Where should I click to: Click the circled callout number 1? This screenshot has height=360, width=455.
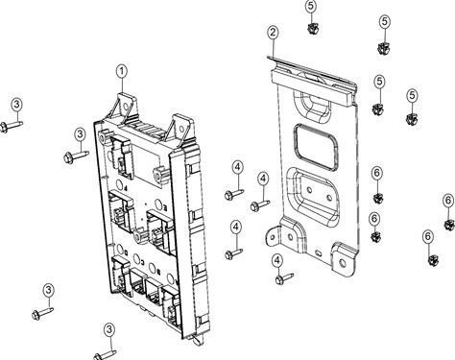(x=122, y=72)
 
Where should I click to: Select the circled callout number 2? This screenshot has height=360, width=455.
(x=273, y=33)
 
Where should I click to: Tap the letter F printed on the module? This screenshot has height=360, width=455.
(x=127, y=189)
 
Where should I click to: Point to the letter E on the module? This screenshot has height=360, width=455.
(x=165, y=208)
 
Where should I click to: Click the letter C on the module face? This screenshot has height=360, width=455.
(x=142, y=262)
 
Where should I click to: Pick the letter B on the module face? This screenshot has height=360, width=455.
(x=158, y=272)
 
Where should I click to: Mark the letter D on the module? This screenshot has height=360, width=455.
(x=127, y=252)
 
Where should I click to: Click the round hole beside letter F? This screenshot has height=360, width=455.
(x=120, y=185)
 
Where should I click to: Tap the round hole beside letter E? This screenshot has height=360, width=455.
(x=158, y=204)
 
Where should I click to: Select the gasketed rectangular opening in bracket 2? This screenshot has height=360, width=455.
(x=315, y=146)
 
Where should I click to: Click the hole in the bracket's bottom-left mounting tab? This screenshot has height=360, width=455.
(x=273, y=238)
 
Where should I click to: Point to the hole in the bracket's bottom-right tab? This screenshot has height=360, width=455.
(x=343, y=263)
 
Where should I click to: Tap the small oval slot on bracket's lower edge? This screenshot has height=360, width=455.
(x=318, y=253)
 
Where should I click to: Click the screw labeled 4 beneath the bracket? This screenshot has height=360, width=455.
(x=284, y=278)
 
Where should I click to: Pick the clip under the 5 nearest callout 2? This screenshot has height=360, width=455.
(x=312, y=29)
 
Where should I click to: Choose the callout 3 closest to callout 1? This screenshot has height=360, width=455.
(x=80, y=134)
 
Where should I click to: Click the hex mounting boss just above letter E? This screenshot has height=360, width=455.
(x=161, y=176)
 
